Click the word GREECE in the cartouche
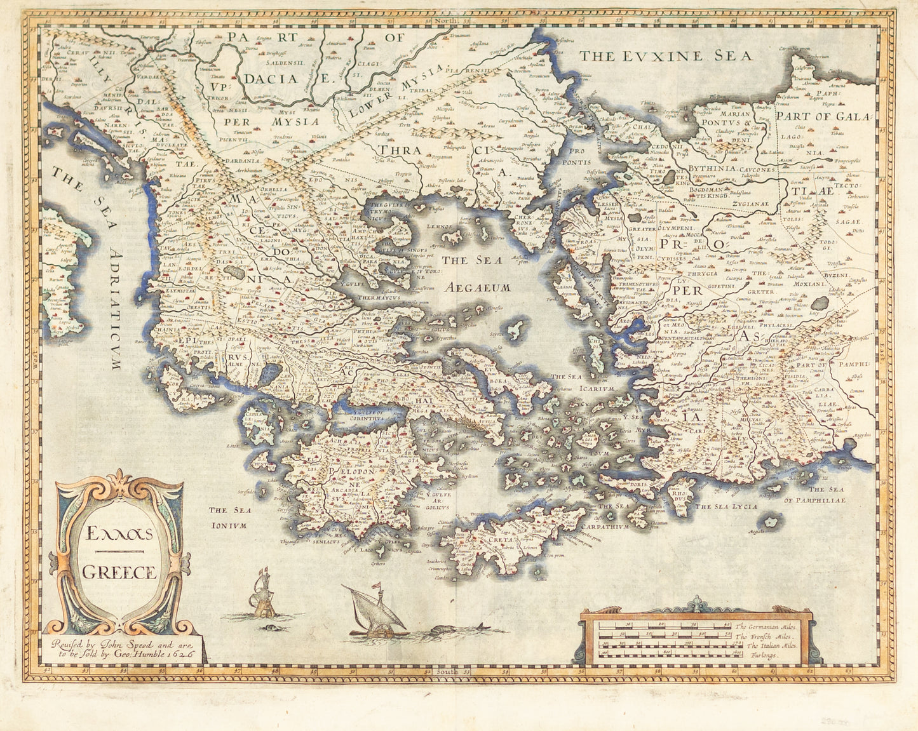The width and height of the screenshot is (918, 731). coord(119,572)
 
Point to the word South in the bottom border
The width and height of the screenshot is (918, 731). coord(443,671)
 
